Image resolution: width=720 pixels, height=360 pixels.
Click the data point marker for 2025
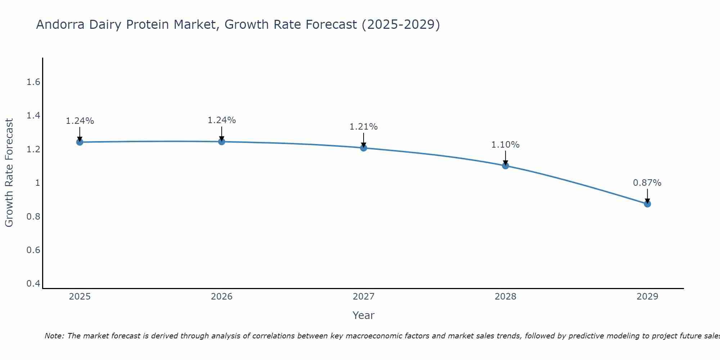point(80,142)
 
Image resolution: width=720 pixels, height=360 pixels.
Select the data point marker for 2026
point(222,142)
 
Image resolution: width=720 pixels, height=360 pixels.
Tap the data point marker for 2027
point(364,148)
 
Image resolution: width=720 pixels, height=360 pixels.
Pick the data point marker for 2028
point(505,166)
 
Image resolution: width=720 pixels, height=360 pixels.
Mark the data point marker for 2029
point(647,204)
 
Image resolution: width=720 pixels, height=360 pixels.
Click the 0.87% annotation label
point(647,183)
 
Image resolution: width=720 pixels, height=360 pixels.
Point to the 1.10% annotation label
point(505,145)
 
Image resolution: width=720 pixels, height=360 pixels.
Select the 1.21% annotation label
point(363,127)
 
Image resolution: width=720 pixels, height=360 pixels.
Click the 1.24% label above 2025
point(80,121)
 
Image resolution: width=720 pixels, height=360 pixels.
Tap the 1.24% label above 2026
point(221,120)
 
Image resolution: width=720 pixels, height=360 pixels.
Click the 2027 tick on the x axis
point(364,297)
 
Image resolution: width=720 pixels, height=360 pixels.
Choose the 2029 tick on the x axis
point(647,297)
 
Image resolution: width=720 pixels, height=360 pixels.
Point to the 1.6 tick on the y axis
point(33,82)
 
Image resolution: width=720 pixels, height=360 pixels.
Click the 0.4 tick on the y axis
point(33,284)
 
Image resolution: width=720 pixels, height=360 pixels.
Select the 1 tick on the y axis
point(37,183)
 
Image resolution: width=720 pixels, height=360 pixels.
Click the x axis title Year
point(363,315)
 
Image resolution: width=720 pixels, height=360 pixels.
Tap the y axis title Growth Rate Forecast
point(9,173)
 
